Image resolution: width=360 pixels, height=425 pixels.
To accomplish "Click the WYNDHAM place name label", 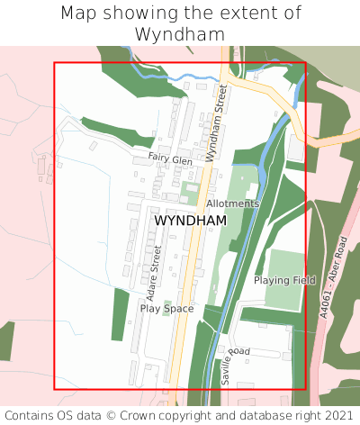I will pos(190,221).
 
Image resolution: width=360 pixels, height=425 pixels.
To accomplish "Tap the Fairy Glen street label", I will pos(170,159).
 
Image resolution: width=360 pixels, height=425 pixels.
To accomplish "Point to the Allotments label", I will pos(232,203).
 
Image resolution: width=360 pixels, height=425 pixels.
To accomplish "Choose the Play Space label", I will pos(166,308).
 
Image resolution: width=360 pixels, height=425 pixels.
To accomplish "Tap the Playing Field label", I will pos(284,280).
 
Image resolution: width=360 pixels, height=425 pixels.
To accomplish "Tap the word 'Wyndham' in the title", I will pos(180,34).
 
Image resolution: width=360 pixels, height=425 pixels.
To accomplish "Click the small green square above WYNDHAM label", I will pos(189,190).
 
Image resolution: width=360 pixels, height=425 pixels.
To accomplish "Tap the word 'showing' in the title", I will pos(140,14).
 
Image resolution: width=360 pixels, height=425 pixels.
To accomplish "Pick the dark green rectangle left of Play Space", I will pos(120,314).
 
